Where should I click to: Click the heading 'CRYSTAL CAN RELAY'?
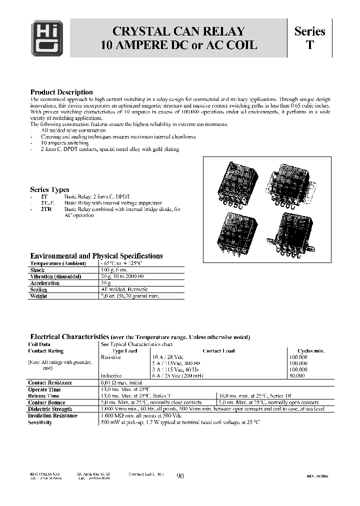(178, 31)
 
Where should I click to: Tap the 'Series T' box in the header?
(309, 38)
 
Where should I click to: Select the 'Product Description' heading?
(61, 92)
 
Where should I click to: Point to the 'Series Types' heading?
(49, 189)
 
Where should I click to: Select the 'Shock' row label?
(37, 270)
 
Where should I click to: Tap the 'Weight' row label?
(38, 296)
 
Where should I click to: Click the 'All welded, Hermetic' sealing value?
(124, 289)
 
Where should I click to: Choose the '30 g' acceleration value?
(106, 283)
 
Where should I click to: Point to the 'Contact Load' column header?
(218, 351)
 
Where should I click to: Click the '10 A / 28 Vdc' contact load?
(168, 357)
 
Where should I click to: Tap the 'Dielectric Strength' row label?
(50, 409)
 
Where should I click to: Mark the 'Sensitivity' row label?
(40, 422)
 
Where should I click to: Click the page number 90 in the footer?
(180, 476)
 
